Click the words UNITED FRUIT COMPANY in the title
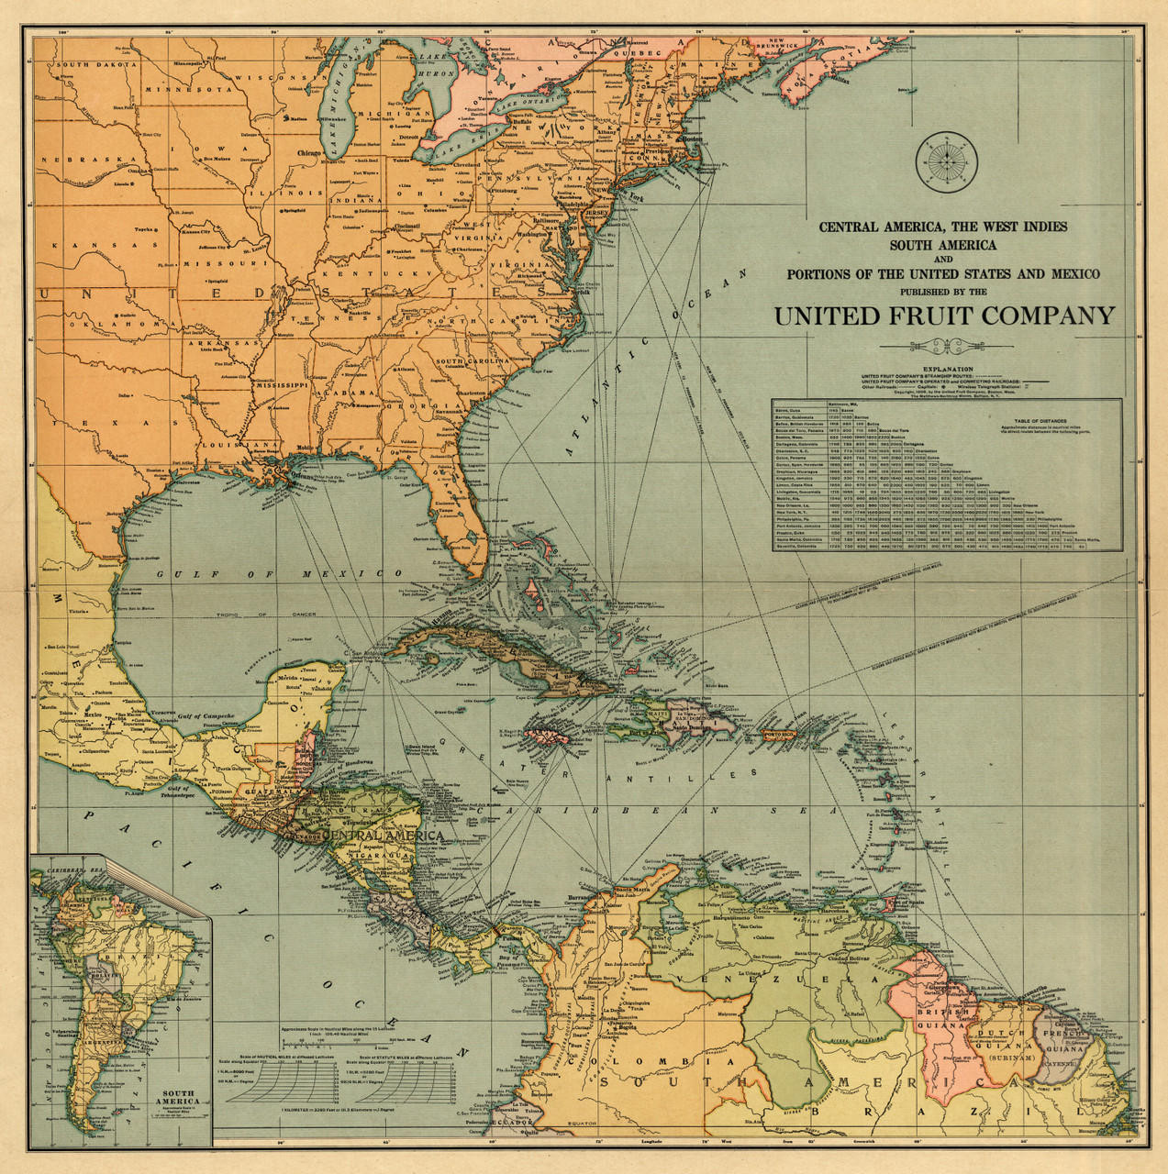(944, 316)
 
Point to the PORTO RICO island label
(782, 735)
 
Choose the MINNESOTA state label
(188, 90)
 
